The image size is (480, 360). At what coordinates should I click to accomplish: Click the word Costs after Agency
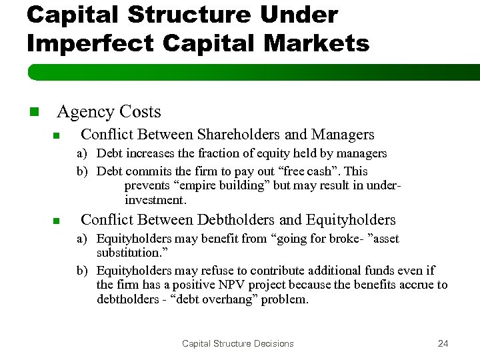coord(138,112)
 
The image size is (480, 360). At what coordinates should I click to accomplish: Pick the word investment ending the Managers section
coord(155,200)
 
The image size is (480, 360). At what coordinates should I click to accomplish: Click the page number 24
coord(443,343)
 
